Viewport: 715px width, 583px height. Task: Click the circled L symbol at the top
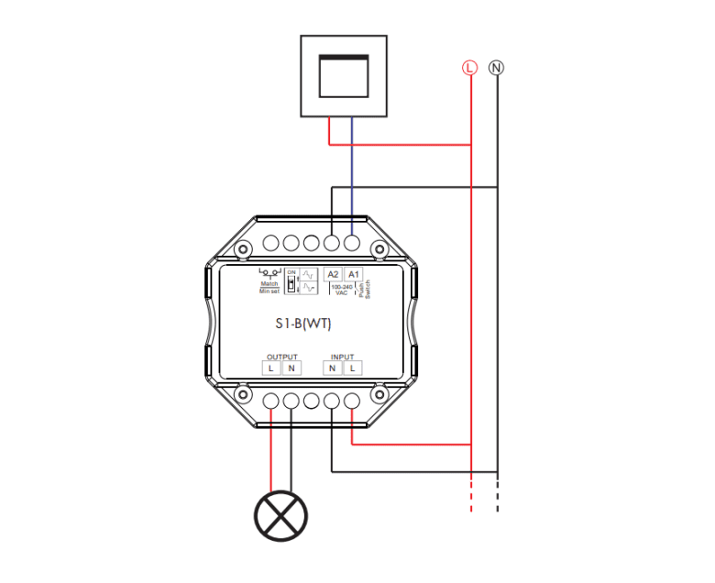[x=470, y=67]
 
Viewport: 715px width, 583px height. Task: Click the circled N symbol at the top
[x=497, y=67]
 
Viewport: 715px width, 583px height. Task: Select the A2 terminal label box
[x=333, y=275]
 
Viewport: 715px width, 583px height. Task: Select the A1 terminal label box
[x=354, y=275]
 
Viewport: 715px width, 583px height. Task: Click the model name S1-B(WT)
[x=305, y=323]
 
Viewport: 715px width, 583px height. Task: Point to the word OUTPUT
[x=281, y=357]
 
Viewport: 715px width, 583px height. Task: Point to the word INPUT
[x=342, y=357]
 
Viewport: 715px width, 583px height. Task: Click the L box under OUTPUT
[x=271, y=368]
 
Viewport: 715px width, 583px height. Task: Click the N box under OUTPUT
[x=291, y=368]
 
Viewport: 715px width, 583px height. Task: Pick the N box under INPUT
[x=332, y=368]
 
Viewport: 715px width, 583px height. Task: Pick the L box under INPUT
[x=352, y=368]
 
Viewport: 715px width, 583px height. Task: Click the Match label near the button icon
[x=269, y=284]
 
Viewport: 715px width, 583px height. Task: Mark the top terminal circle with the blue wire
[x=351, y=244]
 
